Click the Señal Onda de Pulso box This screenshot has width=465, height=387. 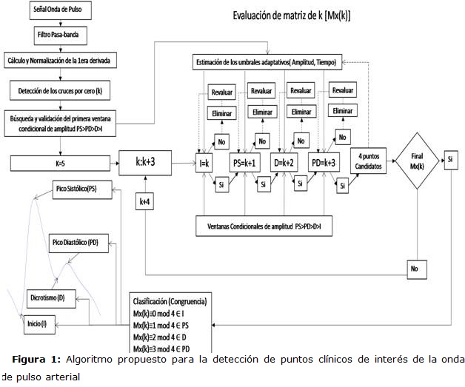pos(61,13)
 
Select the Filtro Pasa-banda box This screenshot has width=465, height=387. pos(61,36)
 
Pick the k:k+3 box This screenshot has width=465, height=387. pos(145,162)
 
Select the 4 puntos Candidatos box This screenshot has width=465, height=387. pos(371,161)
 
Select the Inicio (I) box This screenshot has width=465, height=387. pos(39,323)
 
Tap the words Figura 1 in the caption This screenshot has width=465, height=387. pos(35,360)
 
